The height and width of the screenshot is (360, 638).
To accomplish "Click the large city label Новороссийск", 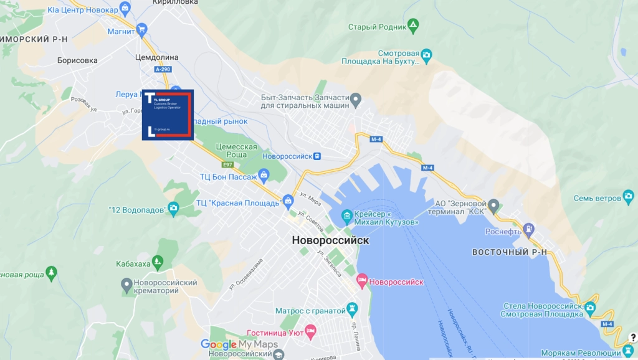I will click(330, 240).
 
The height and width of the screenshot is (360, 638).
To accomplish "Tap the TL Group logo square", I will click(168, 115).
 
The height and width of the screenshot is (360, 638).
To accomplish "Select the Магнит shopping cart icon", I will click(141, 29).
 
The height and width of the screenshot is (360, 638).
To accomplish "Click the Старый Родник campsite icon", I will click(412, 26).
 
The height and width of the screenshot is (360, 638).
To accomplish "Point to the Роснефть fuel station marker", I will click(529, 229).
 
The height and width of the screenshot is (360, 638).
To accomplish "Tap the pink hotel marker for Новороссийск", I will click(361, 282).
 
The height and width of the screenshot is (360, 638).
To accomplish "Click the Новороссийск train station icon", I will click(317, 156).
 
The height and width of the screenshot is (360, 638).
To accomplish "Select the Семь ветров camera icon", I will click(629, 198).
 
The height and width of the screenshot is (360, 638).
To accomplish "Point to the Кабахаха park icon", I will click(159, 263).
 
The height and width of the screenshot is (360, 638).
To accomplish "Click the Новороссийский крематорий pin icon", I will click(126, 285).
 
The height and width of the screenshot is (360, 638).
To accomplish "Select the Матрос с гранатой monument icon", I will click(353, 310).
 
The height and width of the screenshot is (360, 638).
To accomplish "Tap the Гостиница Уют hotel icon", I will click(310, 331).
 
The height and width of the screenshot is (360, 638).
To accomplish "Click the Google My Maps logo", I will click(239, 344).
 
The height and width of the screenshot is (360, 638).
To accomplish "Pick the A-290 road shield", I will click(163, 70).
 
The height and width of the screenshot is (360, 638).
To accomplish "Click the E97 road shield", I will click(227, 164).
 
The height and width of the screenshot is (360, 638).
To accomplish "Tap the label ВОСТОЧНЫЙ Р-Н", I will click(510, 252).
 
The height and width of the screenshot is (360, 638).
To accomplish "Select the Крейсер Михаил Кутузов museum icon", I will click(346, 217).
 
